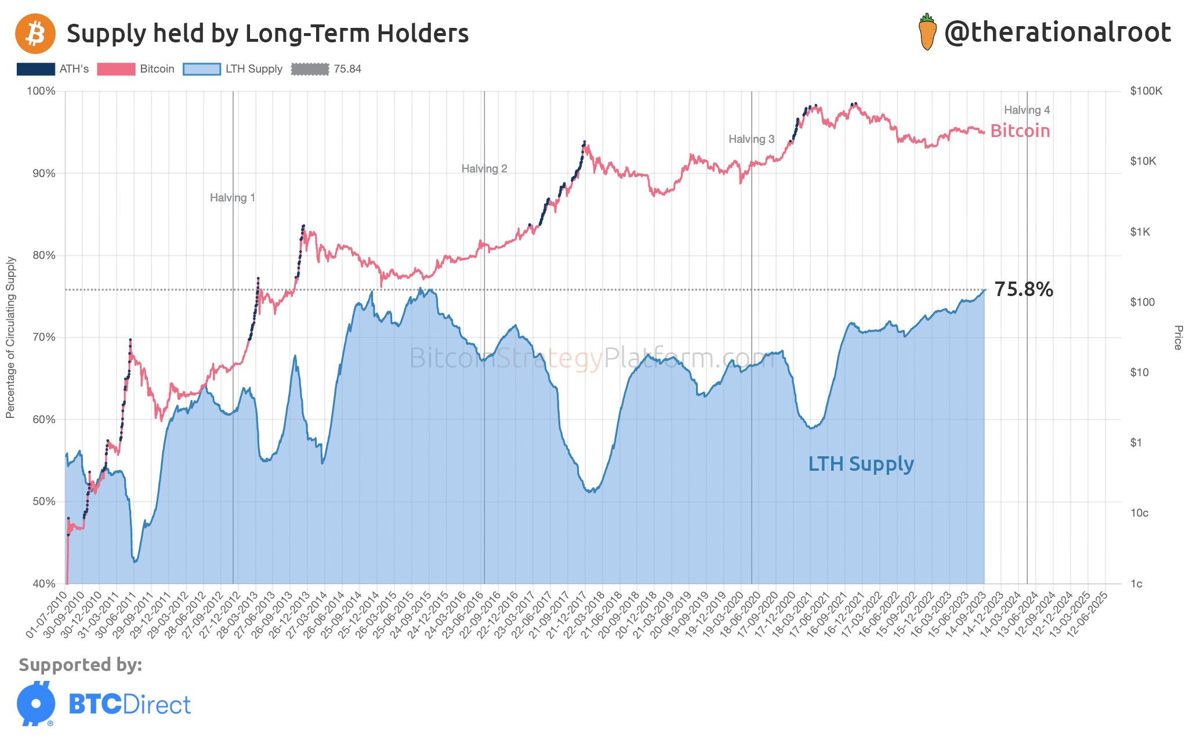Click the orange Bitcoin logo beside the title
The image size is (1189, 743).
pyautogui.click(x=35, y=34)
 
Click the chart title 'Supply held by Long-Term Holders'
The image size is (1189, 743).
pyautogui.click(x=267, y=34)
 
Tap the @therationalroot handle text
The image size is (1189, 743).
pyautogui.click(x=1057, y=33)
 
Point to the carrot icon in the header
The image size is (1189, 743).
pyautogui.click(x=927, y=33)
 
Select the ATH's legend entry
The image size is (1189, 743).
pyautogui.click(x=53, y=69)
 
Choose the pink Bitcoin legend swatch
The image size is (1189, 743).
pyautogui.click(x=116, y=69)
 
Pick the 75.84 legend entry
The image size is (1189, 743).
pyautogui.click(x=327, y=69)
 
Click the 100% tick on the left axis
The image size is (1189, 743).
pyautogui.click(x=41, y=91)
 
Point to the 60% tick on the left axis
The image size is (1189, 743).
pyautogui.click(x=43, y=420)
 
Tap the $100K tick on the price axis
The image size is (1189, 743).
pyautogui.click(x=1146, y=91)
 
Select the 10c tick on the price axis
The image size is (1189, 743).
pyautogui.click(x=1139, y=513)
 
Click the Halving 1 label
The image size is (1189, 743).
pyautogui.click(x=233, y=198)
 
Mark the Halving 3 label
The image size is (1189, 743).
pyautogui.click(x=751, y=139)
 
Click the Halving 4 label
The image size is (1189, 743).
pyautogui.click(x=1027, y=110)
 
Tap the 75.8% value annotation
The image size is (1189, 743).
pyautogui.click(x=1023, y=289)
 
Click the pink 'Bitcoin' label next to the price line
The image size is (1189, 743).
pyautogui.click(x=1020, y=131)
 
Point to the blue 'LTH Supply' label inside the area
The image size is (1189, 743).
pyautogui.click(x=861, y=464)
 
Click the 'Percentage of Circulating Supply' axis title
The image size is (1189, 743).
pyautogui.click(x=10, y=337)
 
